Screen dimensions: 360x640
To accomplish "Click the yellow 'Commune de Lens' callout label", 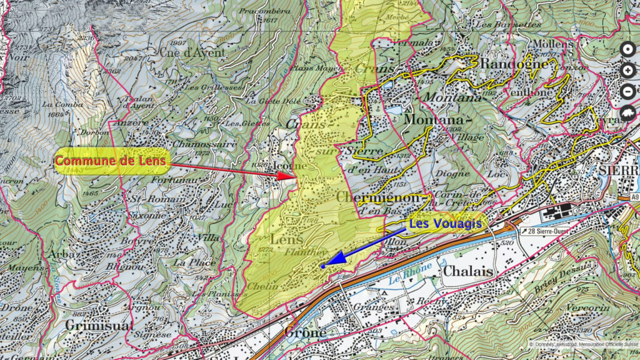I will (111, 161).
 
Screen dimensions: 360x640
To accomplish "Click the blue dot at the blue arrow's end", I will (322, 266).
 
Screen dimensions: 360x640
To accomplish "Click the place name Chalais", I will (469, 271).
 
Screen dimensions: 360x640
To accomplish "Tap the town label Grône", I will (305, 332).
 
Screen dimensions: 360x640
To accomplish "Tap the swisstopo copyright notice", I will (582, 344).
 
